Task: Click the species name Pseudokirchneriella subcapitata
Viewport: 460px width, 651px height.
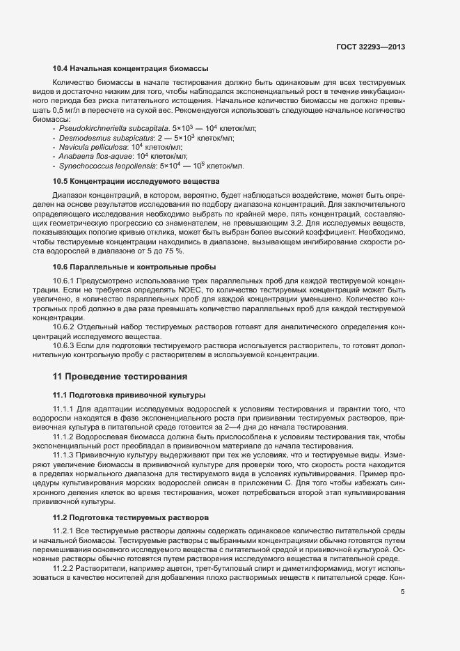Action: [114, 129]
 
